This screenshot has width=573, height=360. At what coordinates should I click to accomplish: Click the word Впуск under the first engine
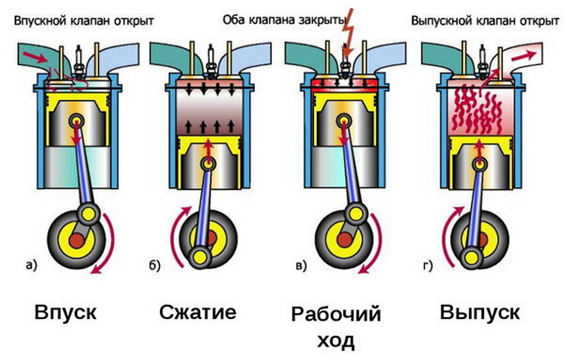click(x=66, y=313)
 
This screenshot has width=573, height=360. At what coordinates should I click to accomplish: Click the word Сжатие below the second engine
click(x=198, y=312)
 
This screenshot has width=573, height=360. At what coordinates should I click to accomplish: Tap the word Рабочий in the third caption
click(x=336, y=314)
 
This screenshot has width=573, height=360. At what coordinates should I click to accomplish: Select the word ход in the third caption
click(x=335, y=341)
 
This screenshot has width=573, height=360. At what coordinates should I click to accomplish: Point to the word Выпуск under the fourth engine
click(x=480, y=312)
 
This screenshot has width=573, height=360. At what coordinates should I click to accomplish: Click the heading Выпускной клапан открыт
click(x=485, y=20)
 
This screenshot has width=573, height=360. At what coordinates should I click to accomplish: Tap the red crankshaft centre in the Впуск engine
click(x=76, y=240)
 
